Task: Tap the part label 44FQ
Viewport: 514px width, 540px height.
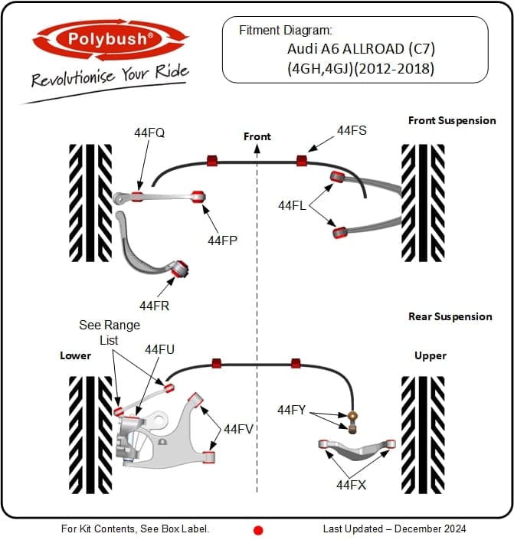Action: [149, 133]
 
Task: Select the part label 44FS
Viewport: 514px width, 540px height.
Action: [352, 131]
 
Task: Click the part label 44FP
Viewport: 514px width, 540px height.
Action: [222, 240]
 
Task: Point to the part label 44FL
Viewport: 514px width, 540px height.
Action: [293, 205]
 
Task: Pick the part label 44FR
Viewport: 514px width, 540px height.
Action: [154, 306]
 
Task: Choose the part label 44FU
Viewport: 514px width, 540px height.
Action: [160, 349]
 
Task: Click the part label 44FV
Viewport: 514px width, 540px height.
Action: [239, 429]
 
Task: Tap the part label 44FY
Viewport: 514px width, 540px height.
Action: [292, 411]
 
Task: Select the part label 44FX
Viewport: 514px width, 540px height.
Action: [352, 484]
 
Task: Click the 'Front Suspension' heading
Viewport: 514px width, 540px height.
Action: [452, 120]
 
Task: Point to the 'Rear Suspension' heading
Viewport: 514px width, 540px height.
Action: [450, 316]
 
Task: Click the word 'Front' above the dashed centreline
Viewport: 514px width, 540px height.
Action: [257, 136]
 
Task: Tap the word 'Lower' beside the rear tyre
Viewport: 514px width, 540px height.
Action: [76, 355]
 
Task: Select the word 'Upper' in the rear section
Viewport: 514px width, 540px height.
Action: [431, 355]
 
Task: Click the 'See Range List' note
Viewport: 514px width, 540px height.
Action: [110, 332]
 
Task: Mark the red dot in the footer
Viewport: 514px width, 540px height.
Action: [258, 529]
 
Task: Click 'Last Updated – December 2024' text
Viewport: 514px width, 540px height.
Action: [394, 529]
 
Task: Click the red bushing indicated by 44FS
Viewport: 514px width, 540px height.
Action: [302, 161]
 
